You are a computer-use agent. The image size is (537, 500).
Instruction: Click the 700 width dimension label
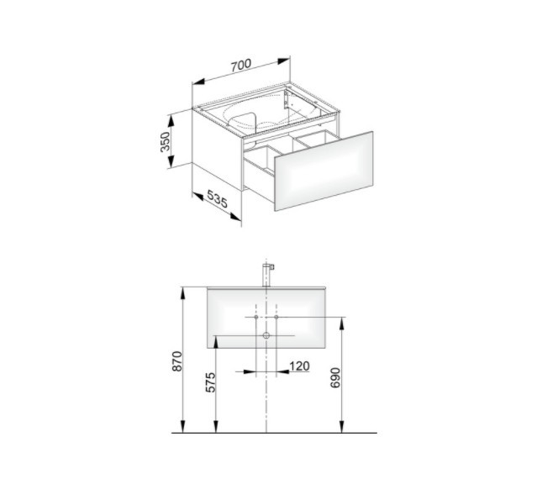pyautogui.click(x=240, y=66)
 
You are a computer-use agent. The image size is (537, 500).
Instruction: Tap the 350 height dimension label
pyautogui.click(x=165, y=142)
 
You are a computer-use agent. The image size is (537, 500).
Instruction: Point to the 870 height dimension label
pyautogui.click(x=177, y=361)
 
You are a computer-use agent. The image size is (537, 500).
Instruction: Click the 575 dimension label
pyautogui.click(x=210, y=382)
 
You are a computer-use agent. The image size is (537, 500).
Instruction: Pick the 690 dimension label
pyautogui.click(x=335, y=378)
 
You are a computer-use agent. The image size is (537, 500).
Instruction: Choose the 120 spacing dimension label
pyautogui.click(x=300, y=366)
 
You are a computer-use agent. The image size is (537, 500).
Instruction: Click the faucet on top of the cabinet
pyautogui.click(x=267, y=275)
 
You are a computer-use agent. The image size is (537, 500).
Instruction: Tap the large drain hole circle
pyautogui.click(x=266, y=335)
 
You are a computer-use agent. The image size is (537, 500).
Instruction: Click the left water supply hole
pyautogui.click(x=255, y=317)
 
